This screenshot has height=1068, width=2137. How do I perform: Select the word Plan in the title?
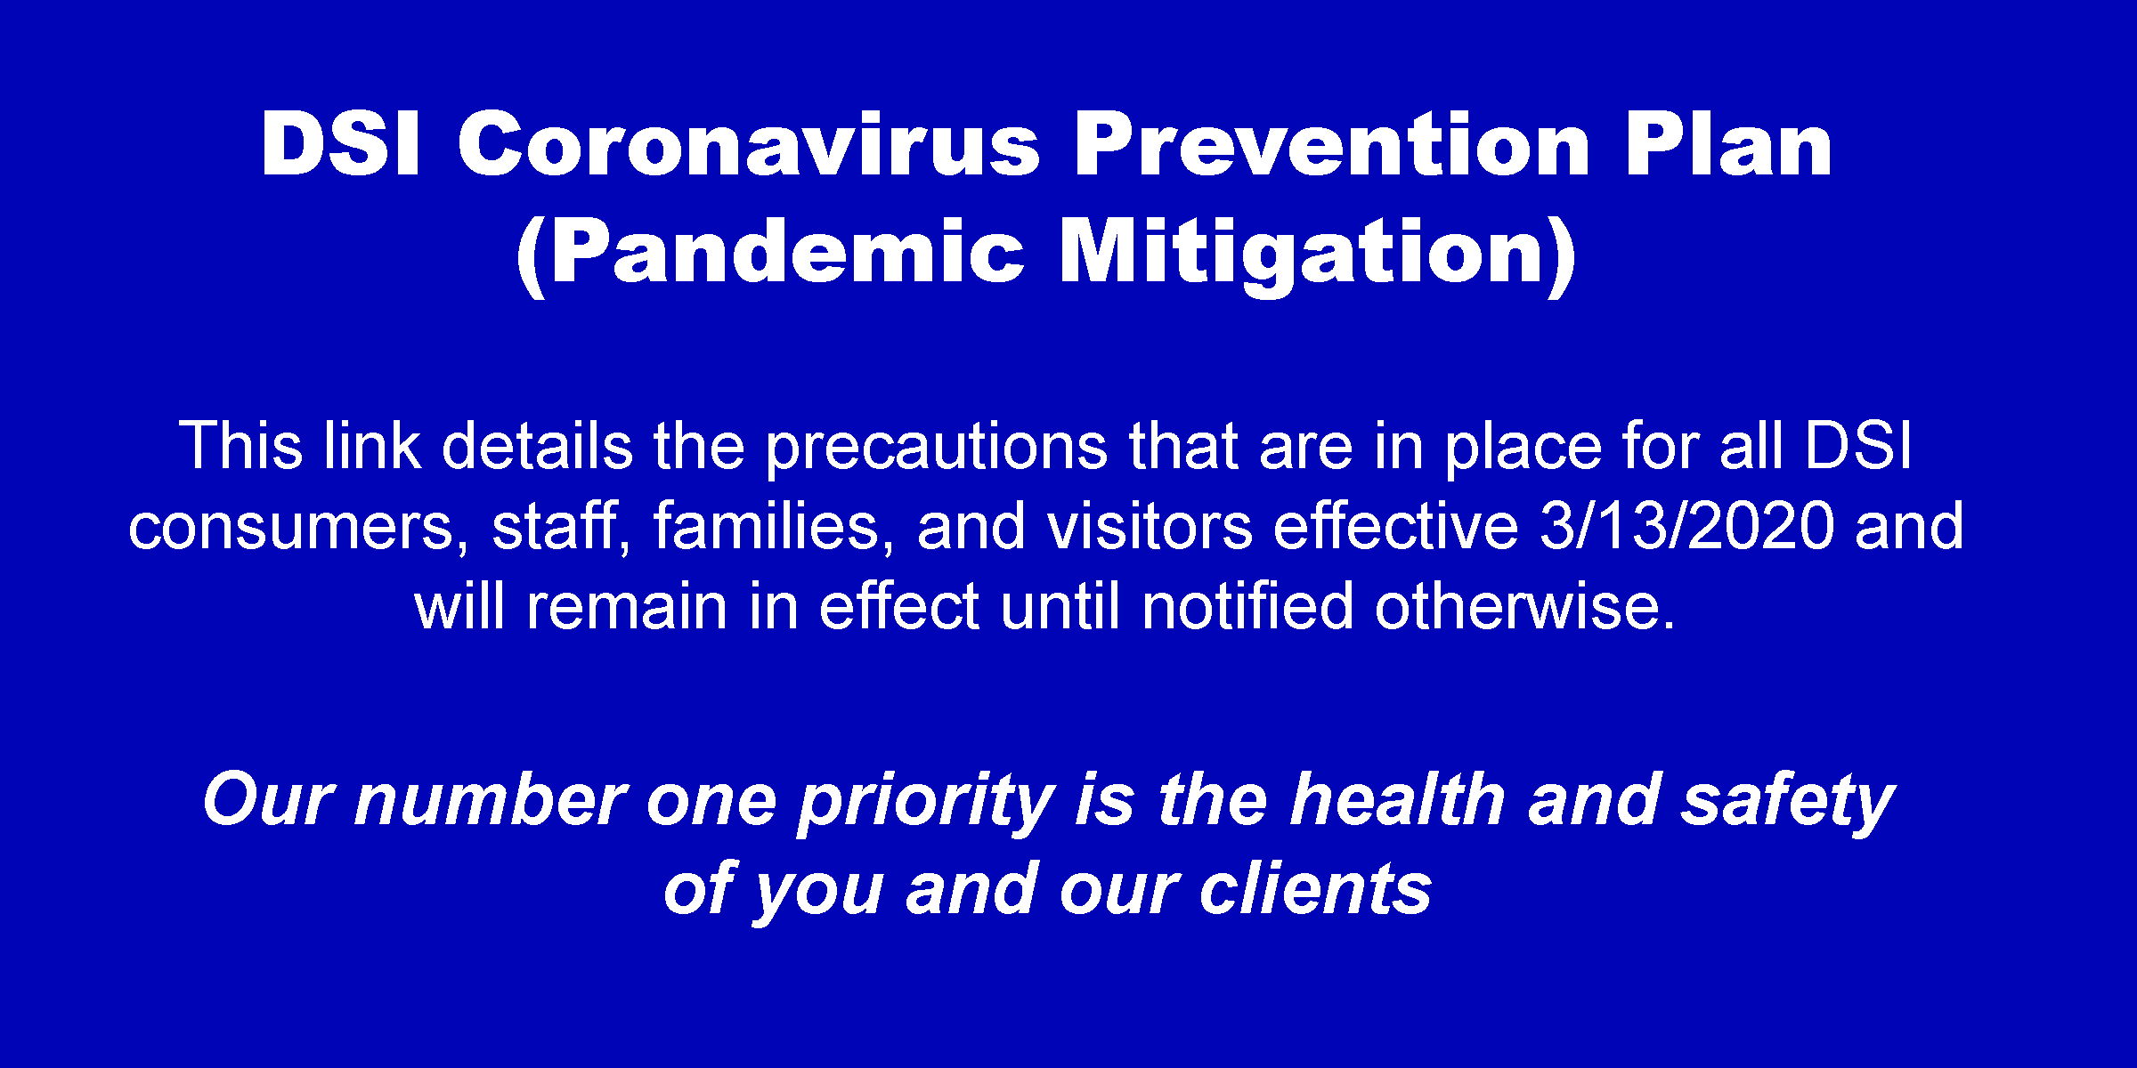coord(1728,143)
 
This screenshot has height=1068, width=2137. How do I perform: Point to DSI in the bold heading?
coord(340,143)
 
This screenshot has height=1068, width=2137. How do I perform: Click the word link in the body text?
coord(371,444)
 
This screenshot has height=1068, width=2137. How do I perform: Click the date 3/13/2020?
coord(1686,524)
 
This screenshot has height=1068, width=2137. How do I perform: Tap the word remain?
coord(626,606)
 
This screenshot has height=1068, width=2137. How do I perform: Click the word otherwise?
coord(1524,604)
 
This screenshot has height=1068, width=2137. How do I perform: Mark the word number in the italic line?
coord(490,798)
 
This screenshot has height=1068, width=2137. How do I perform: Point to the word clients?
coord(1315,887)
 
